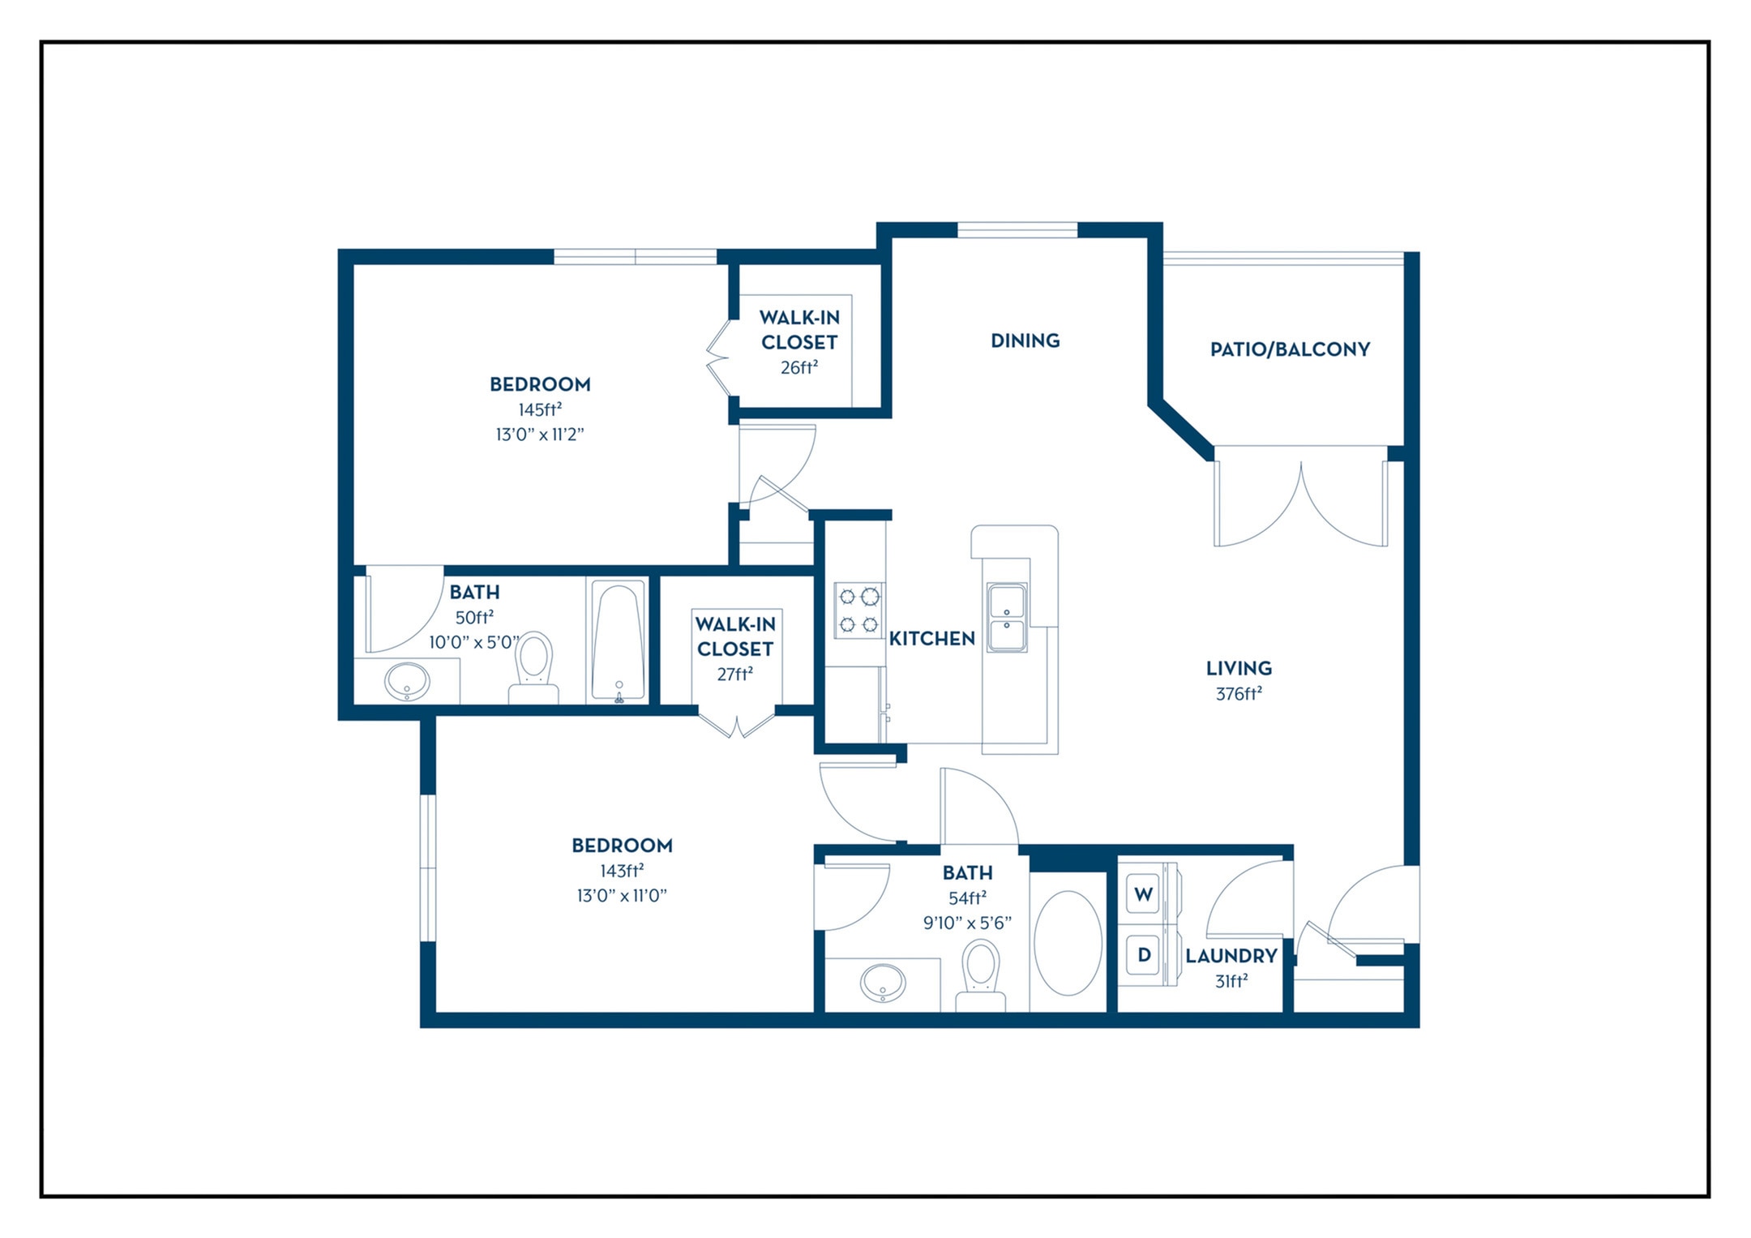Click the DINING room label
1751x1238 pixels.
pos(1025,341)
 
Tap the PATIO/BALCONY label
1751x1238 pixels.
pos(1290,349)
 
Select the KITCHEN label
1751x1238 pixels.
pos(931,639)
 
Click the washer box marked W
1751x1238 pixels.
pos(1143,894)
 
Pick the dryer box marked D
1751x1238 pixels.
pos(1143,955)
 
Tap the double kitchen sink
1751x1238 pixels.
pos(1007,617)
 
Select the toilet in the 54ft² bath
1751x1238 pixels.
pos(981,975)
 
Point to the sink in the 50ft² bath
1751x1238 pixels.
pos(406,682)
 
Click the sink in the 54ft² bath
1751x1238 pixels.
pos(883,983)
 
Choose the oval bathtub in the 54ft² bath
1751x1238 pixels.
pos(1068,943)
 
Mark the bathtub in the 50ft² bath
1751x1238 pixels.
pos(618,640)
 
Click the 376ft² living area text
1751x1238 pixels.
pos(1239,694)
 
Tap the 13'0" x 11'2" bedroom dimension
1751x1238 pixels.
pos(540,435)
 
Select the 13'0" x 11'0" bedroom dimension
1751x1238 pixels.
pos(622,896)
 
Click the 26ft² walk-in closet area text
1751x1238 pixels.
pos(799,367)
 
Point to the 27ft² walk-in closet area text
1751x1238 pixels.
pos(735,674)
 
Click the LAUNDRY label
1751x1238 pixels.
pos(1231,956)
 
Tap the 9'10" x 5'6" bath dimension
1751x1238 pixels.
pos(967,923)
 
